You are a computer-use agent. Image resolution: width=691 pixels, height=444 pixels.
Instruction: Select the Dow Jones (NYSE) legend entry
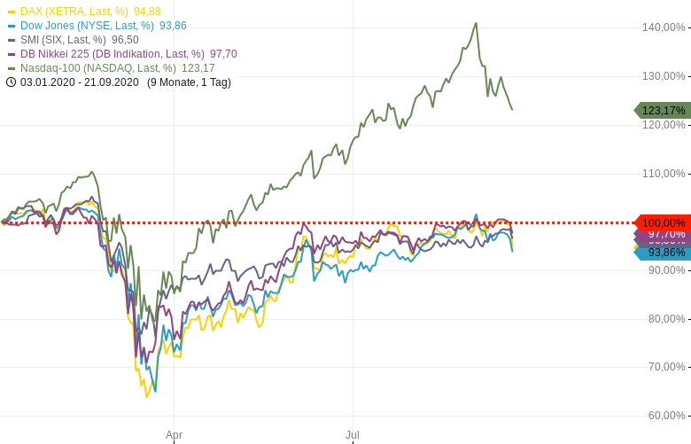click(x=87, y=26)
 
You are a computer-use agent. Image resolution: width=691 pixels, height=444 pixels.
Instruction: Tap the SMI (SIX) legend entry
click(x=63, y=40)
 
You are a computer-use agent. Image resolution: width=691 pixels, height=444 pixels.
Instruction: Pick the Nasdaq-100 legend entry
click(x=97, y=68)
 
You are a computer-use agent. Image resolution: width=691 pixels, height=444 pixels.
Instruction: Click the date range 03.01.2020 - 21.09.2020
click(x=80, y=82)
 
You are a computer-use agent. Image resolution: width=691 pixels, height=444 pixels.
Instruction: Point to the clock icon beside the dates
click(x=11, y=82)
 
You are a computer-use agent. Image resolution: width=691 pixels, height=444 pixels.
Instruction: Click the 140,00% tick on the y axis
click(x=664, y=27)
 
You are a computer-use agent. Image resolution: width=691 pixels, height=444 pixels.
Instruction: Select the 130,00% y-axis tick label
click(x=664, y=76)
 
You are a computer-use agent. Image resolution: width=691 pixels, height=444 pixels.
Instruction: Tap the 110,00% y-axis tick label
click(x=664, y=174)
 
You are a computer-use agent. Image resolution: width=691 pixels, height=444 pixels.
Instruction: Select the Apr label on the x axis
click(x=174, y=435)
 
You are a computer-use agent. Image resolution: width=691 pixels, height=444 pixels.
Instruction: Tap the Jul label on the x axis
click(x=353, y=435)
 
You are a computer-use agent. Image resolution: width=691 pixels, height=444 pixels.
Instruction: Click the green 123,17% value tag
click(x=663, y=111)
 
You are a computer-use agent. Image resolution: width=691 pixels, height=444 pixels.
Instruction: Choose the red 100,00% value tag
click(x=663, y=222)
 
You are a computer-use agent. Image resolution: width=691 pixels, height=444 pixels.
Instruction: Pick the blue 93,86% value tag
click(x=664, y=253)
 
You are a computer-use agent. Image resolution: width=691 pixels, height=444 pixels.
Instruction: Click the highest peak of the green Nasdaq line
click(x=476, y=24)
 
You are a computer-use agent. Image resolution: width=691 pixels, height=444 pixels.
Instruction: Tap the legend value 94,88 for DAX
click(x=147, y=12)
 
